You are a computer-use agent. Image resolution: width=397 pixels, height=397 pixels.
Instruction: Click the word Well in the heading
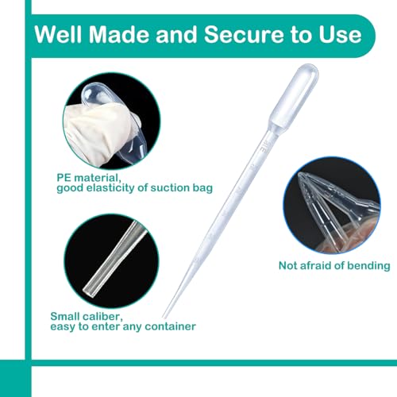pyautogui.click(x=58, y=35)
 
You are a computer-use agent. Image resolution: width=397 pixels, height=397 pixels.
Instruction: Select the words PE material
pyautogui.click(x=89, y=178)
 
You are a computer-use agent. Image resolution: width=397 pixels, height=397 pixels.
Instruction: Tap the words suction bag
pyautogui.click(x=181, y=187)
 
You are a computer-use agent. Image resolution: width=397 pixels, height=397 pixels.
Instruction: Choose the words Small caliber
pyautogui.click(x=87, y=316)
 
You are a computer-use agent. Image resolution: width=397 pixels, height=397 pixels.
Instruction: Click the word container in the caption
pyautogui.click(x=170, y=326)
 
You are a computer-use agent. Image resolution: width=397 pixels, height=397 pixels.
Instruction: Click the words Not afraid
pyautogui.click(x=305, y=265)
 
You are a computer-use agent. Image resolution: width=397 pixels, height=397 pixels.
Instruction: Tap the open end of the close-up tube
pyautogui.click(x=88, y=291)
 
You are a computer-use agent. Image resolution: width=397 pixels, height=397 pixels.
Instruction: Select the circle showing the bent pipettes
pyautogui.click(x=332, y=205)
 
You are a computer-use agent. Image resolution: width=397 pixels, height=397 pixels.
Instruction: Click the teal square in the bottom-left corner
pyautogui.click(x=16, y=378)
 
